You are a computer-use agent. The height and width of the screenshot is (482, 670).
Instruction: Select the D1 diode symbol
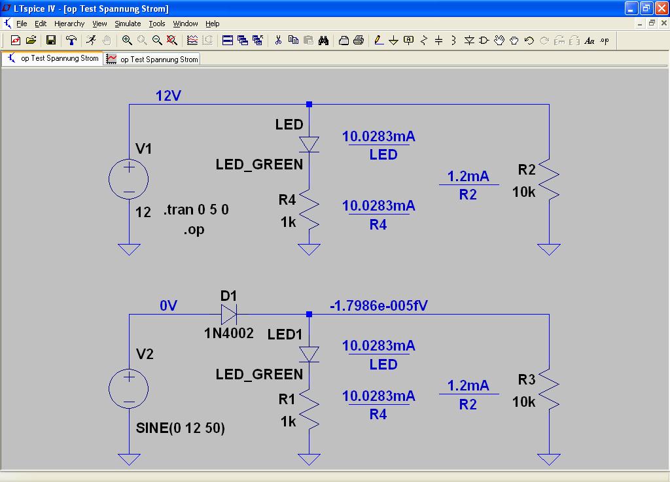click(229, 315)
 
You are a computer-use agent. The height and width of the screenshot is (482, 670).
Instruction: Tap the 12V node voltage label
click(168, 96)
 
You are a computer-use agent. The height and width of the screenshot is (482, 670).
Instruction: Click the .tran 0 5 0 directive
click(196, 210)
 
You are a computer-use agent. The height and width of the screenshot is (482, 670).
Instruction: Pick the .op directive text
click(194, 230)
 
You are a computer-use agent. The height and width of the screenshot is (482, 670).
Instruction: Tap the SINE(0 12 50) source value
click(180, 428)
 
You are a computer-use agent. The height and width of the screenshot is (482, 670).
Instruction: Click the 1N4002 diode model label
click(229, 333)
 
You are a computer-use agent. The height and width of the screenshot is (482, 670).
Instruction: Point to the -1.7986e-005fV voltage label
click(379, 305)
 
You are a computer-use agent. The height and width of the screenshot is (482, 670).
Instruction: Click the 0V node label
click(168, 305)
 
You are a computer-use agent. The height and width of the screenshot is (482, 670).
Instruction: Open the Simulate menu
click(128, 24)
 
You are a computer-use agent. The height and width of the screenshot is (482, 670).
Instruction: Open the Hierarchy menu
click(69, 24)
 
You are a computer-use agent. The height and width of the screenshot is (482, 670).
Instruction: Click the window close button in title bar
click(661, 9)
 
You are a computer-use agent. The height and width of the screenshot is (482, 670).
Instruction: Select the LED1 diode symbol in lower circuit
click(309, 354)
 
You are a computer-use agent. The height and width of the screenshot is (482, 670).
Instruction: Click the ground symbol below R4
click(309, 249)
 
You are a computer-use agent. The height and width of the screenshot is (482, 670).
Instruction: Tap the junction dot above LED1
click(309, 315)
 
